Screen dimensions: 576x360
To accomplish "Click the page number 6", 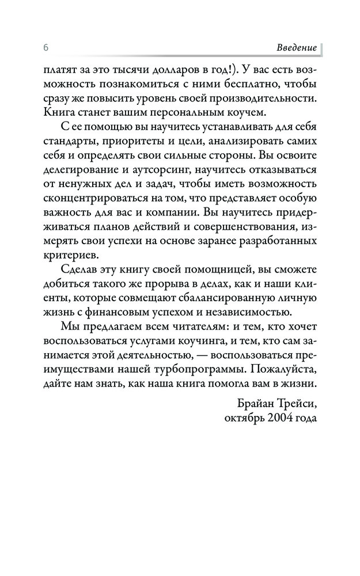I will click(44, 47).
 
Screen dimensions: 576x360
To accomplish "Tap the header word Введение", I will click(296, 47).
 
